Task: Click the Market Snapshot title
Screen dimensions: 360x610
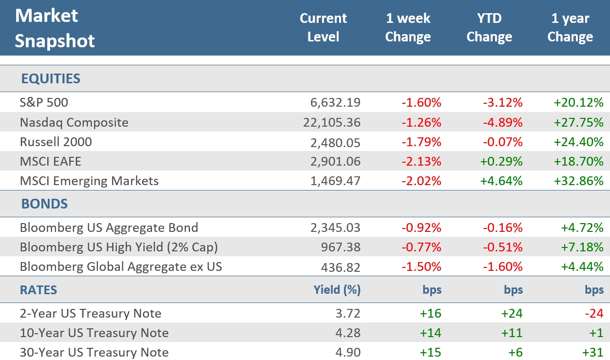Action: pos(55,28)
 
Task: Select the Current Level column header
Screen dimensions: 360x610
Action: pos(323,28)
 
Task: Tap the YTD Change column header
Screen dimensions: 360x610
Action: pos(489,28)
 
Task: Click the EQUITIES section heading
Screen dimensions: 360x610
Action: pos(51,78)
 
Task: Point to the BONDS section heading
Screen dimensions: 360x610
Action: pos(44,204)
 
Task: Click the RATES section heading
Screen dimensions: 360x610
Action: pos(38,290)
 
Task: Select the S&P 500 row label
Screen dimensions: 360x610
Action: pos(44,102)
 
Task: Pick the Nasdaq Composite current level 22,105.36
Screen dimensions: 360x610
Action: pos(331,122)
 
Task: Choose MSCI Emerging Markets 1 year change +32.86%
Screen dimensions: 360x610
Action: pos(579,181)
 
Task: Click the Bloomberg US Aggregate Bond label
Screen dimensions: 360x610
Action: pos(109,227)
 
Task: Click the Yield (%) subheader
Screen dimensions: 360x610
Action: pos(337,290)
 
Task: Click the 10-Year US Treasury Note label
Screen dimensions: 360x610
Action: pos(94,333)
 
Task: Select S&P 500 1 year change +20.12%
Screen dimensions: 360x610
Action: pos(579,102)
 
